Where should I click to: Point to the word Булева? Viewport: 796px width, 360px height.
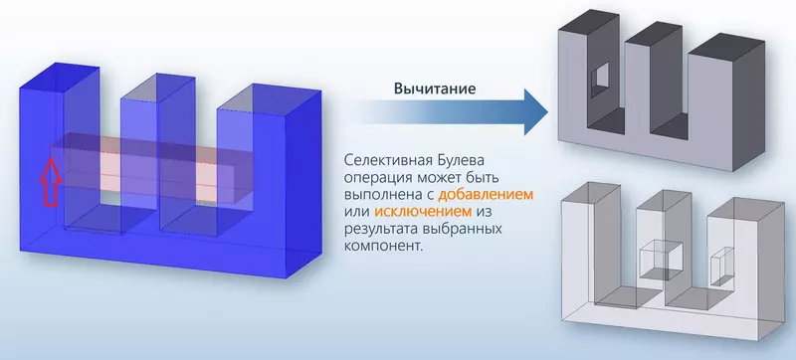(x=468, y=158)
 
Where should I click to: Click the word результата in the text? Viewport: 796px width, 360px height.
(x=380, y=230)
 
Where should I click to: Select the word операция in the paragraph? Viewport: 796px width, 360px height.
(x=373, y=176)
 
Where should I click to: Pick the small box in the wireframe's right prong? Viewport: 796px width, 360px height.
(x=719, y=266)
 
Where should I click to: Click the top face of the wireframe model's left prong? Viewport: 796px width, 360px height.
(x=591, y=192)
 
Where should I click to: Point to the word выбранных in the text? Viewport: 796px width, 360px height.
(x=460, y=230)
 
